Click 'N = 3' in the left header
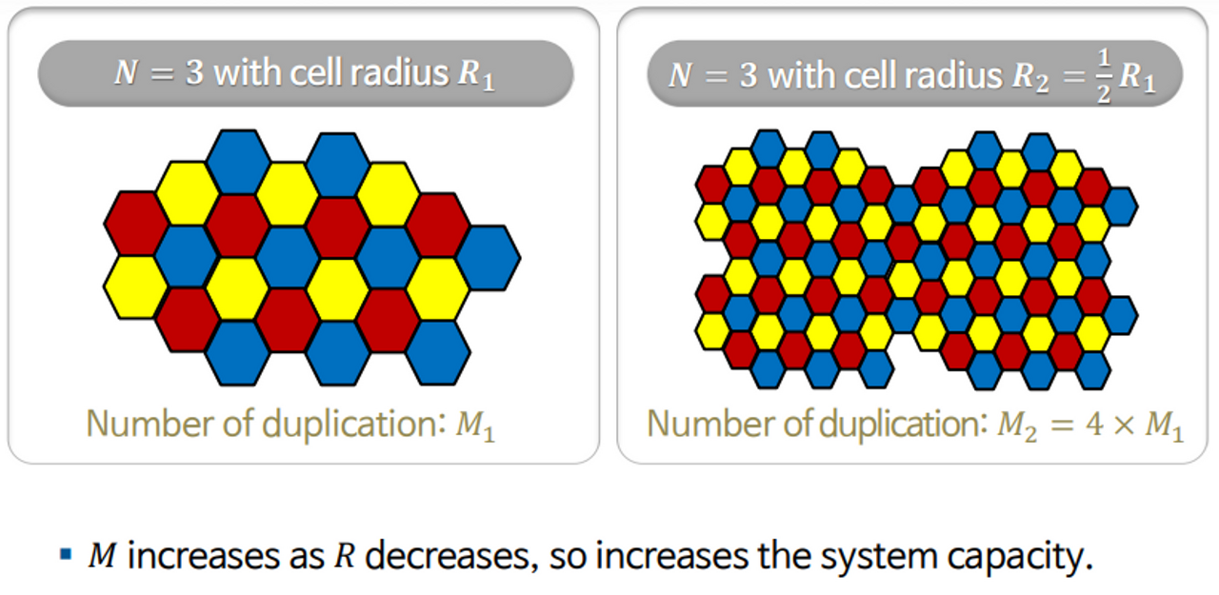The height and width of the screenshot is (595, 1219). [x=158, y=72]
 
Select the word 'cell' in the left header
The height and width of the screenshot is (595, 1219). [x=313, y=72]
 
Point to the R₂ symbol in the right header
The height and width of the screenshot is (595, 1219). [x=1025, y=76]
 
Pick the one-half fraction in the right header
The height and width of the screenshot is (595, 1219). [x=1103, y=73]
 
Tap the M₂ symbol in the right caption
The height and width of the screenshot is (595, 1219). [x=1011, y=426]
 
